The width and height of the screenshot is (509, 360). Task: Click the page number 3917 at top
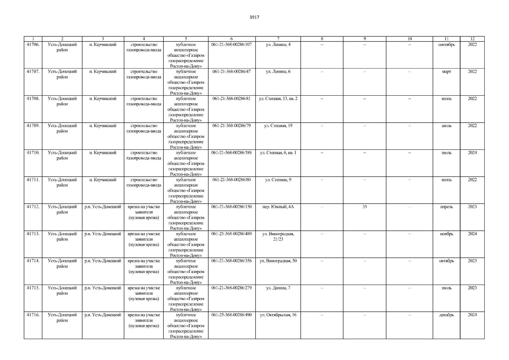pyautogui.click(x=254, y=17)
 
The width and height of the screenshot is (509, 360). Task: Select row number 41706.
pyautogui.click(x=33, y=45)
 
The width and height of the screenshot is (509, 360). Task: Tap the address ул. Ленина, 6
pyautogui.click(x=278, y=72)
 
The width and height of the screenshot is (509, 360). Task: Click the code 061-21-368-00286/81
pyautogui.click(x=231, y=99)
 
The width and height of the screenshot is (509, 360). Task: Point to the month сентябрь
pyautogui.click(x=446, y=45)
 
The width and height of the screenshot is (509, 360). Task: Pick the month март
pyautogui.click(x=446, y=72)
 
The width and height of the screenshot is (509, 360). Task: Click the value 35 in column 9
pyautogui.click(x=365, y=207)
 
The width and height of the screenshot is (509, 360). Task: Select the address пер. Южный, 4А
pyautogui.click(x=278, y=207)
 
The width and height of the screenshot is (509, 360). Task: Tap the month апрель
pyautogui.click(x=446, y=207)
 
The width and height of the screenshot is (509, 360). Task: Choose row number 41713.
pyautogui.click(x=33, y=234)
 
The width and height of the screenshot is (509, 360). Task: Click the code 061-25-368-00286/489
pyautogui.click(x=231, y=234)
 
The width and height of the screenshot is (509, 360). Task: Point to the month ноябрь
pyautogui.click(x=446, y=234)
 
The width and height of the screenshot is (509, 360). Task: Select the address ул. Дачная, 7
pyautogui.click(x=278, y=288)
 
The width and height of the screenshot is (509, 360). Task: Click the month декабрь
pyautogui.click(x=446, y=315)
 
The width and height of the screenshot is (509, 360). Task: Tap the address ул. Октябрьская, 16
pyautogui.click(x=278, y=315)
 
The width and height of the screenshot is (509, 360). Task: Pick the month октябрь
pyautogui.click(x=446, y=261)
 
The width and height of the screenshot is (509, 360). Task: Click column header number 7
pyautogui.click(x=278, y=39)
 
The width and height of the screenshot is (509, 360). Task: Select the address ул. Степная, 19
pyautogui.click(x=278, y=126)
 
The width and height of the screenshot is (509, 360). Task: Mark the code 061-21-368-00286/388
pyautogui.click(x=231, y=153)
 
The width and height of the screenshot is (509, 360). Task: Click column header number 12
pyautogui.click(x=472, y=39)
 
